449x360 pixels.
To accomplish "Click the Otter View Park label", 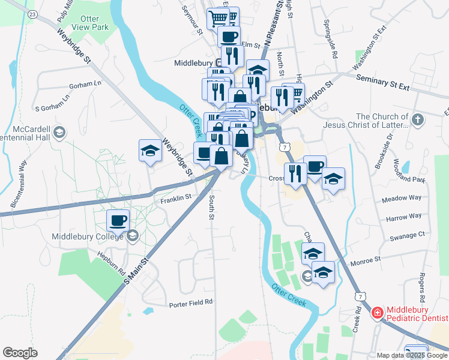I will (90, 23).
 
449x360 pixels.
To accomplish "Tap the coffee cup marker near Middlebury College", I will (118, 220).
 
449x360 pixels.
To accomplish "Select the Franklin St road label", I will (175, 197).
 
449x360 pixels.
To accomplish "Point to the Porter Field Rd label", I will (190, 304).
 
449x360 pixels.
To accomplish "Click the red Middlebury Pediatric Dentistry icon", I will (377, 313).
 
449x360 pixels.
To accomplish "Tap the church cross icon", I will (418, 120).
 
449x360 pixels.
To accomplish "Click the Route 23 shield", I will (32, 13).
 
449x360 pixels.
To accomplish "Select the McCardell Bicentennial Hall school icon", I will (59, 131).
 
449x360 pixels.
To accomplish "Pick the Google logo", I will (20, 353).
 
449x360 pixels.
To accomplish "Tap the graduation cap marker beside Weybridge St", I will (150, 152).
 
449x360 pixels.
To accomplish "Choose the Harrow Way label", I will (404, 217).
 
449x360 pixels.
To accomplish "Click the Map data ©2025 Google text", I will (412, 355).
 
